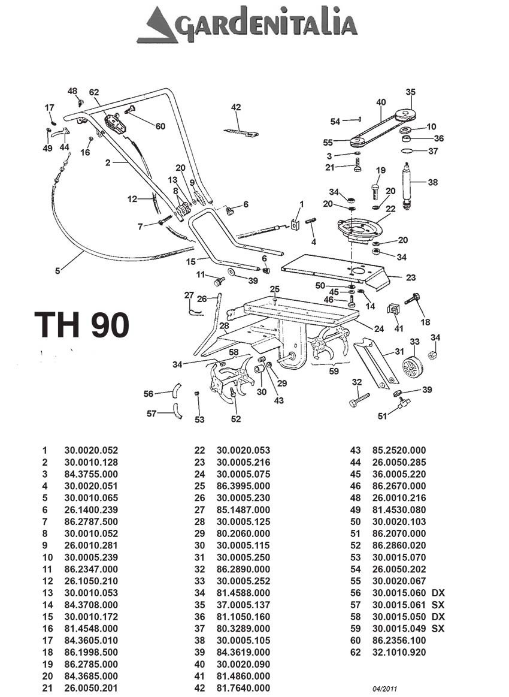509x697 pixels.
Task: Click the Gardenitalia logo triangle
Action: coord(157,27)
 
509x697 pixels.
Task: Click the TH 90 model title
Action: coord(81,325)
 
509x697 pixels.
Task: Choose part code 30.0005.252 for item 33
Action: coord(243,581)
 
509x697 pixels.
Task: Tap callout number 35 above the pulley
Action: coord(410,92)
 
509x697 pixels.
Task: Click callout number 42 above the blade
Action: coord(236,107)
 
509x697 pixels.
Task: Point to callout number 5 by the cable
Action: coord(57,270)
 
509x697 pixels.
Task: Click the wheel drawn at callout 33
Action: coord(412,366)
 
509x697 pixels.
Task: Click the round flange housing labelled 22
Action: coord(358,230)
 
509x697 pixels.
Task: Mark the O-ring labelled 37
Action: coord(407,151)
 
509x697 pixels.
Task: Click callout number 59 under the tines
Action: coord(334,371)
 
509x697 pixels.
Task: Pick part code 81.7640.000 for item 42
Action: coord(243,688)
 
